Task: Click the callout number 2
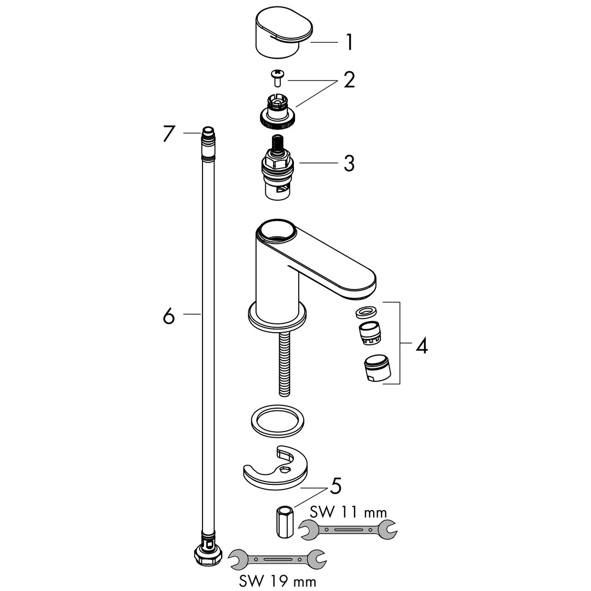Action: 349,80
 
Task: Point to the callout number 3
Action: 349,163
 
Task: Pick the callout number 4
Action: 422,345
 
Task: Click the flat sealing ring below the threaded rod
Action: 277,421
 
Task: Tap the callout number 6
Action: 169,316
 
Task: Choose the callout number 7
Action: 169,134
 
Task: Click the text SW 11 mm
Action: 349,512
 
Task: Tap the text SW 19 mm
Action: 278,581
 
